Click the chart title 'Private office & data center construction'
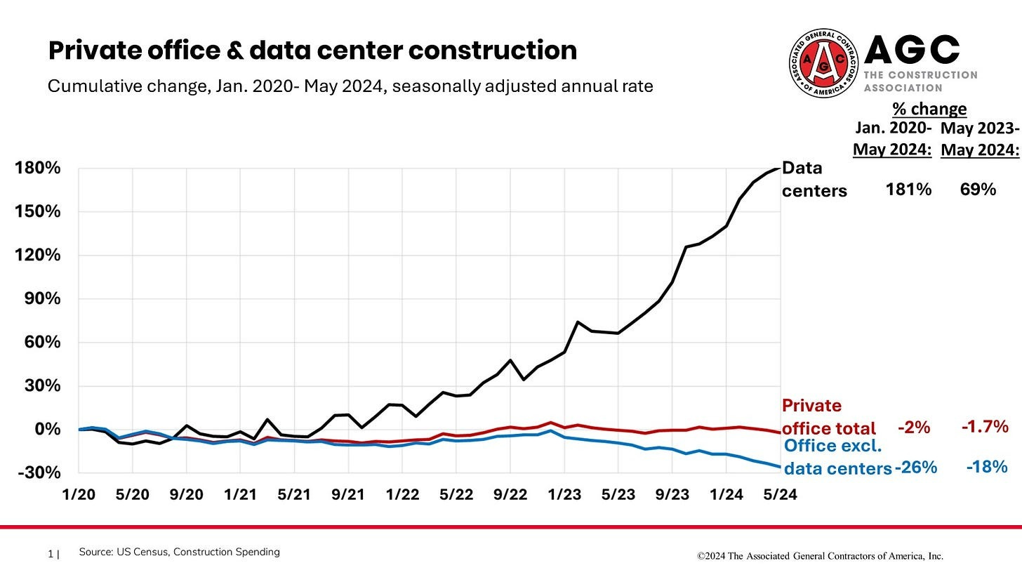(x=312, y=51)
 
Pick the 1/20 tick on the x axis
(x=79, y=494)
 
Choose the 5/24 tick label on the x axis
(x=780, y=494)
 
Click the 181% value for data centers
(x=908, y=189)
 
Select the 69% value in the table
(x=978, y=189)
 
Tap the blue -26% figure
(x=915, y=467)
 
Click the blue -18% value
(x=986, y=467)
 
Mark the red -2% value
(x=913, y=427)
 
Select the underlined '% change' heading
(x=929, y=109)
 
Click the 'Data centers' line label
(x=814, y=179)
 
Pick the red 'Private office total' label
(x=829, y=417)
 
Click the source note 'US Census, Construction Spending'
(x=179, y=553)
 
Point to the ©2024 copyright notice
(x=820, y=556)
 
